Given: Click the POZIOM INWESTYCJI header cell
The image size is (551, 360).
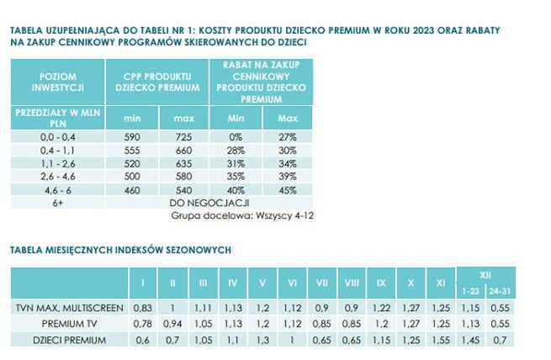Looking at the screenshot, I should pos(58,81).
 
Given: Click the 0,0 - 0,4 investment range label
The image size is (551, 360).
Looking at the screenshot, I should pos(58,136).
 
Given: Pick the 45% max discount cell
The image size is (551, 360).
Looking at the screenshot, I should pos(288,190).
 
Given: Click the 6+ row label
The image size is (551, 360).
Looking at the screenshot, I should pos(58,203).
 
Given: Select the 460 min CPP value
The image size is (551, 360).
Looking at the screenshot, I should pos(133,190).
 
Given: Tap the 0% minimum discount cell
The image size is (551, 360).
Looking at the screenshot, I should pos(236,136).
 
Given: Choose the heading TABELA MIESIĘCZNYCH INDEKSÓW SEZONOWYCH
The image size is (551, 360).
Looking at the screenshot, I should pos(120,250).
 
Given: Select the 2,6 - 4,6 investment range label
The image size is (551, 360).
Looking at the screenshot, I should pos(58,177).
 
